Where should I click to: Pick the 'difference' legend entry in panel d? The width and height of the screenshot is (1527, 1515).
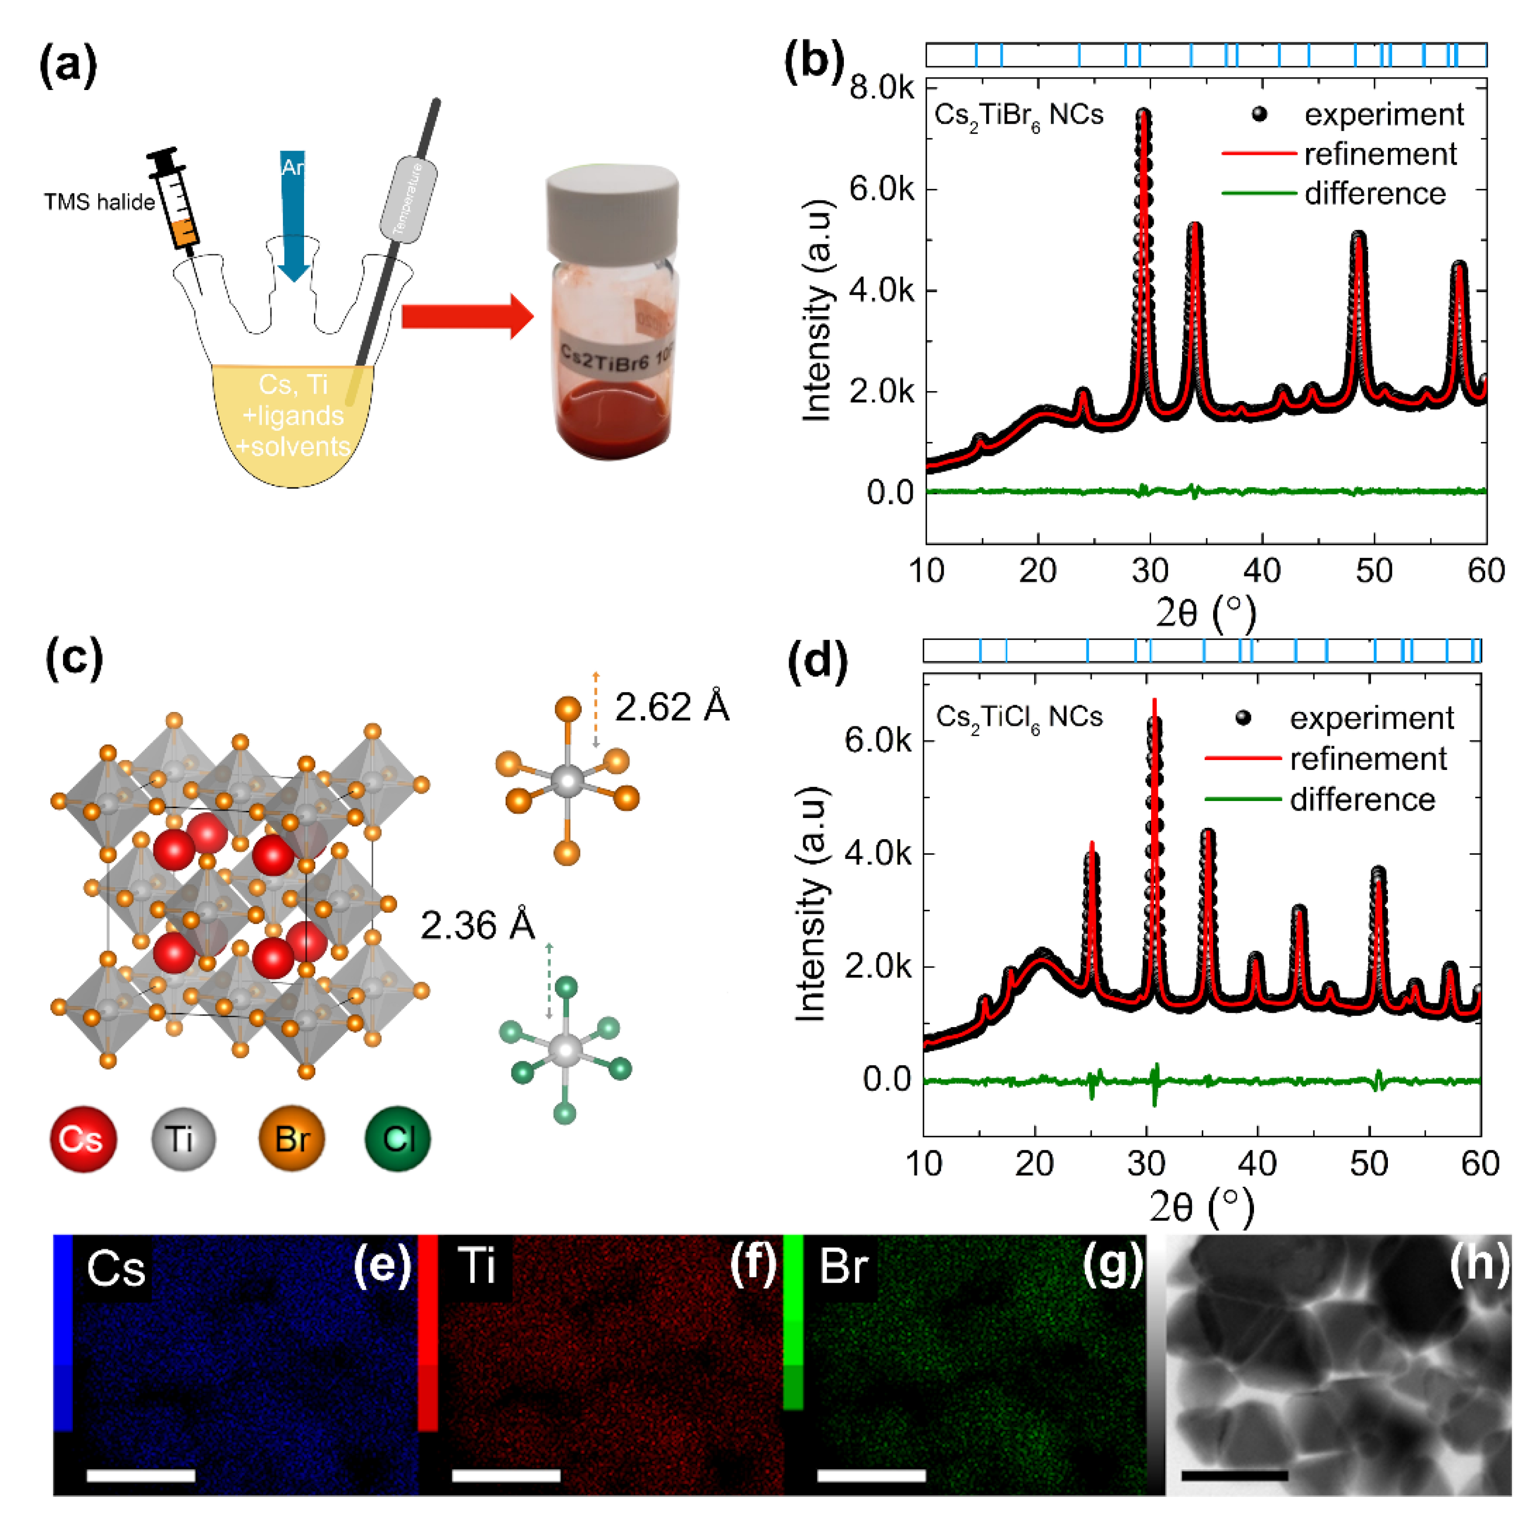(x=1362, y=799)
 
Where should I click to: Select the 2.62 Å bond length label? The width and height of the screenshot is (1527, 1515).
(x=671, y=707)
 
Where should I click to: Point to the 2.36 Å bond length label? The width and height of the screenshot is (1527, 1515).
(x=477, y=925)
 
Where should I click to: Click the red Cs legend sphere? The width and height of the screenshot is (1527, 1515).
(x=83, y=1139)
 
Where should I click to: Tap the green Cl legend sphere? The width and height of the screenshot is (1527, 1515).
(x=398, y=1139)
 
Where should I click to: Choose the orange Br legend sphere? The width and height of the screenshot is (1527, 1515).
(x=292, y=1139)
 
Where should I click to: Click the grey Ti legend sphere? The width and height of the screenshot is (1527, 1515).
(x=184, y=1139)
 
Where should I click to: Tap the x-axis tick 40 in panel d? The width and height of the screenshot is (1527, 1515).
(x=1257, y=1164)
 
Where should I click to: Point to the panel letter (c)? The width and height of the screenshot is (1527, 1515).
(x=73, y=657)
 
